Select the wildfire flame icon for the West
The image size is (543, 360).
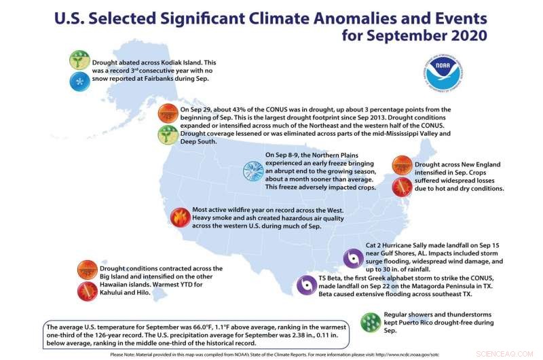tap(180, 216)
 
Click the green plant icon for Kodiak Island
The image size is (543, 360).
tap(79, 60)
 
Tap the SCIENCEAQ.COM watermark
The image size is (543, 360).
tap(512, 353)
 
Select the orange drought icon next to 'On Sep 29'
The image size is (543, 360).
tap(167, 113)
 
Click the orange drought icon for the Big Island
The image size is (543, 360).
tap(88, 269)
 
